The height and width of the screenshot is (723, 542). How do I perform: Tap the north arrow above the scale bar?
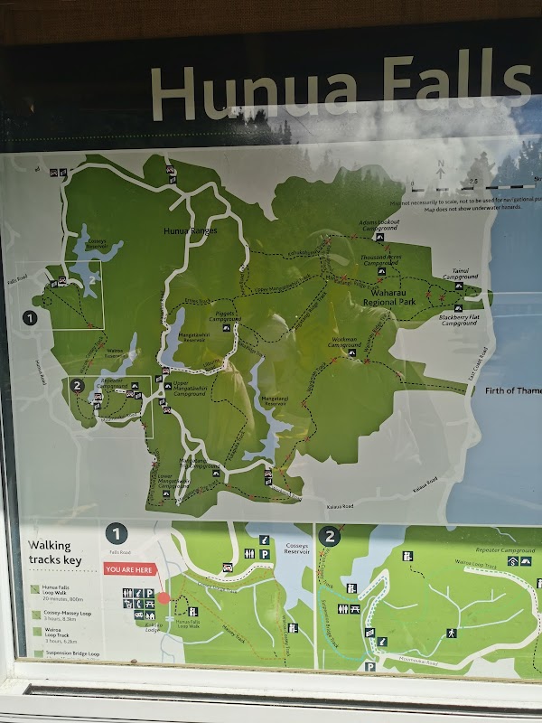tap(441, 168)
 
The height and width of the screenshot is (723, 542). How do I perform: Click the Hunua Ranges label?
tap(186, 230)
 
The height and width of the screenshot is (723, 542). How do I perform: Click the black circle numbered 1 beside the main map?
tap(30, 317)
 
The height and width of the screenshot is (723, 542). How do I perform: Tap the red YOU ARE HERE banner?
tap(130, 569)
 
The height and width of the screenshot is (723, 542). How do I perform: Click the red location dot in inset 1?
tap(164, 597)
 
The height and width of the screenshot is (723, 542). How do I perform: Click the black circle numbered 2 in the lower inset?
tap(330, 536)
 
